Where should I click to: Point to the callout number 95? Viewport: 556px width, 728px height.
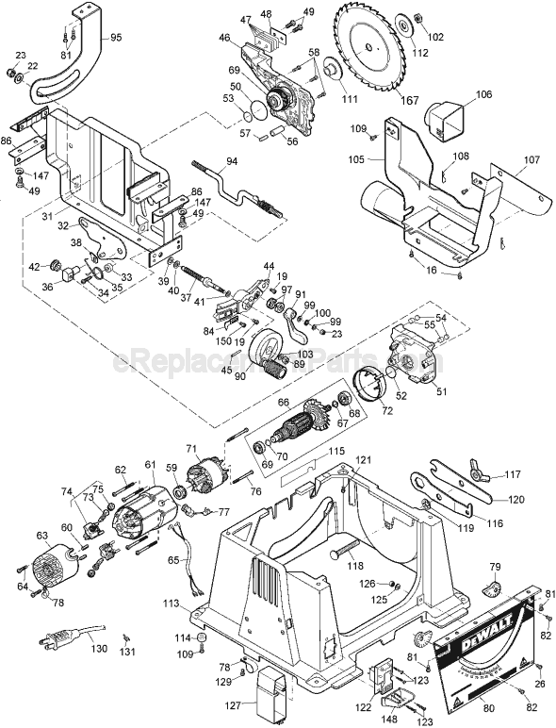coord(116,38)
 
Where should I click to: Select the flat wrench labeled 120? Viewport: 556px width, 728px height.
coord(450,488)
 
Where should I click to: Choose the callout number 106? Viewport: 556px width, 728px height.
coord(482,94)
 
